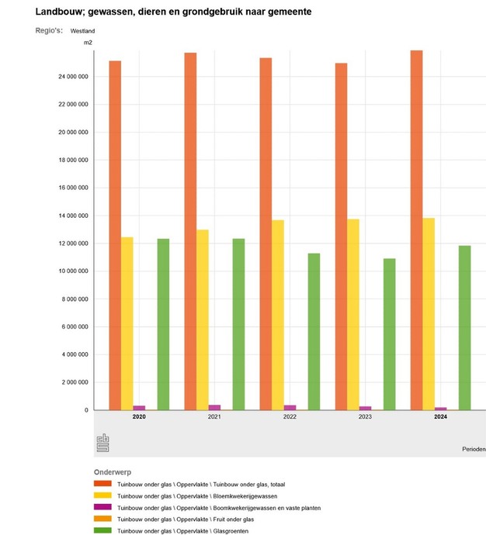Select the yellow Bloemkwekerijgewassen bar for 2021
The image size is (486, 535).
point(202,318)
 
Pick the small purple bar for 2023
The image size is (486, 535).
point(365,407)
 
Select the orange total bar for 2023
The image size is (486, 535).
point(341,233)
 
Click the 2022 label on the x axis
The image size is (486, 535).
point(290,417)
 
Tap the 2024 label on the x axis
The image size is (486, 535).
point(439,417)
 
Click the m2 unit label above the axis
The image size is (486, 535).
point(89,42)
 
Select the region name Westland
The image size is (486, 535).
point(82,31)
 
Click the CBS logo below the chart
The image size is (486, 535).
point(103,444)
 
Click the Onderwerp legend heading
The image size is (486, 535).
point(113,471)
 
